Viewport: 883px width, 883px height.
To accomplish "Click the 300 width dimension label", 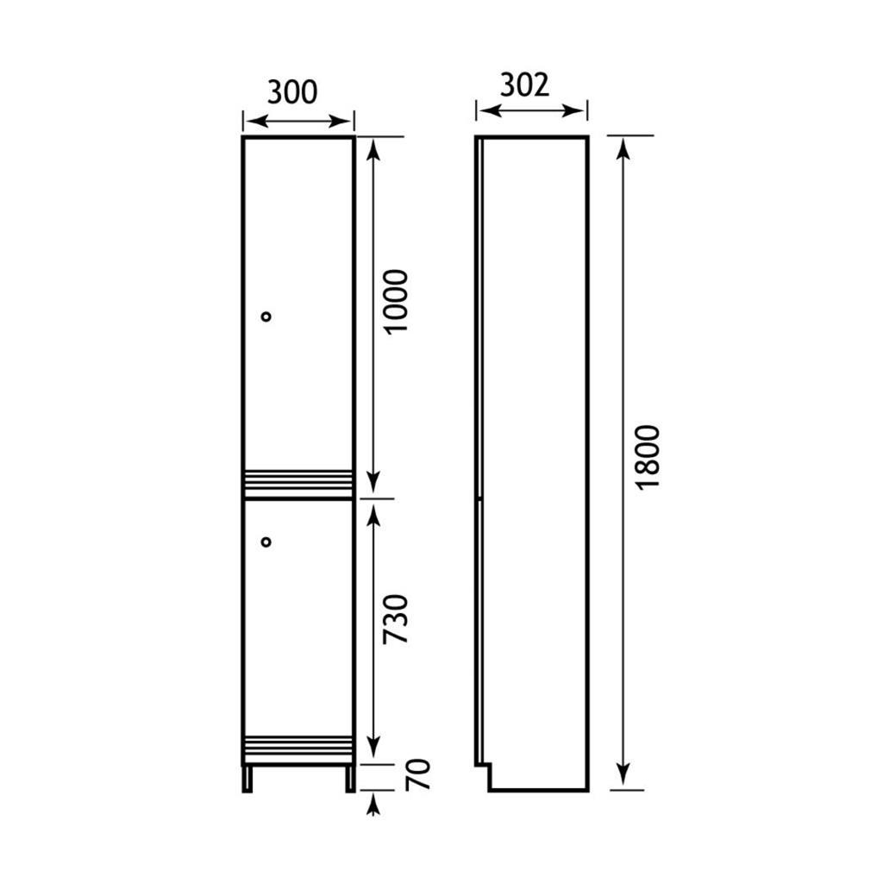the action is [292, 92].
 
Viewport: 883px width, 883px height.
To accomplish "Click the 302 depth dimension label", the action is [524, 85].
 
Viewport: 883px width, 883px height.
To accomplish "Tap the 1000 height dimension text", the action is [395, 302].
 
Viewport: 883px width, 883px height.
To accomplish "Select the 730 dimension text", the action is [395, 619].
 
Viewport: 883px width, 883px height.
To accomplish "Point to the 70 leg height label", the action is [418, 774].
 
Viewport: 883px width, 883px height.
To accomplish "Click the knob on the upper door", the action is [266, 316].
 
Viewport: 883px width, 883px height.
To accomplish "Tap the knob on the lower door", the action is [266, 542].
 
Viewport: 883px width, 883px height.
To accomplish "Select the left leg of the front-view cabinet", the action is [247, 779].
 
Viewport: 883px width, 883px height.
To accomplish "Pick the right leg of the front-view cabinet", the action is [350, 779].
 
